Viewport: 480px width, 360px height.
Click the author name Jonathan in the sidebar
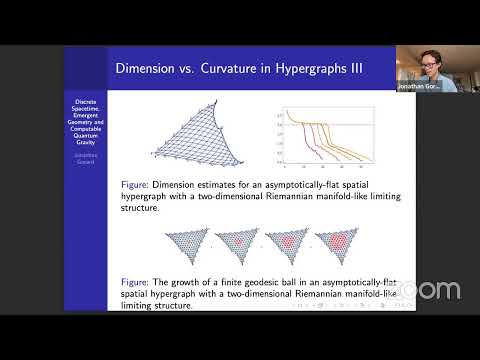pos(85,156)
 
